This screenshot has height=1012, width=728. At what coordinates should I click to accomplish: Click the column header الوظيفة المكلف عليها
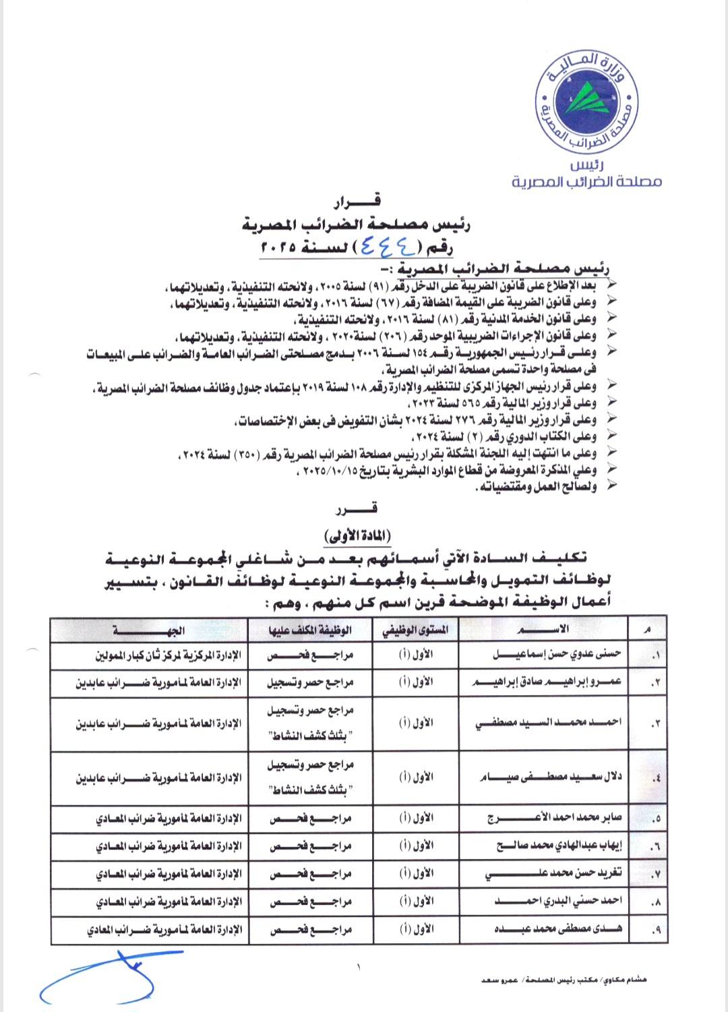[x=310, y=630]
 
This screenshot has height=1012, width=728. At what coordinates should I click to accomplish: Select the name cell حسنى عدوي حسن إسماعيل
[x=557, y=654]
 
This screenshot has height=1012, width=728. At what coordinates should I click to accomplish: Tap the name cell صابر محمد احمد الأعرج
[x=555, y=818]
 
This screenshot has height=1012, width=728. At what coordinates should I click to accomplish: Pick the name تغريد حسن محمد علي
[x=554, y=874]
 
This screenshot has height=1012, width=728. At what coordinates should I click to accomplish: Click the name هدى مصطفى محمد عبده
[x=557, y=929]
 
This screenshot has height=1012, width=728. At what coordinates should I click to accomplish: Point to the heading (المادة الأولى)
[x=357, y=536]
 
